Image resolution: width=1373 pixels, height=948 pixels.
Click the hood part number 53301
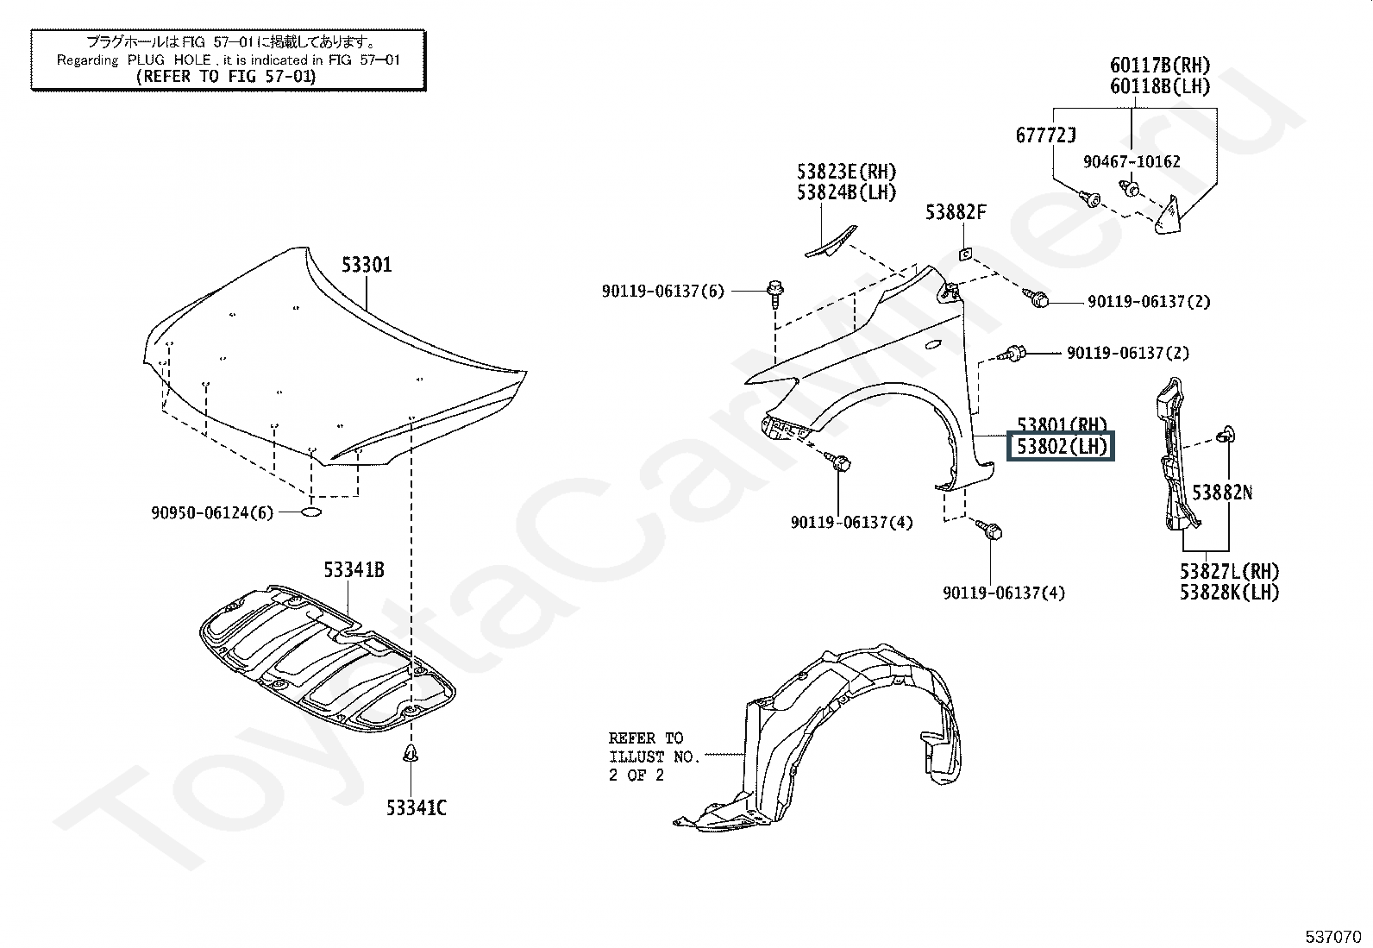coord(366,265)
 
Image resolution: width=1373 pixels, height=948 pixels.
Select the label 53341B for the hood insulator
coord(354,570)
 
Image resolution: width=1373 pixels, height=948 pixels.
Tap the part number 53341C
coord(417,807)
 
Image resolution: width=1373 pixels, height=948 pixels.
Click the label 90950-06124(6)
coord(212,512)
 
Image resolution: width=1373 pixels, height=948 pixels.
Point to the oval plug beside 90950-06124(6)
coord(311,512)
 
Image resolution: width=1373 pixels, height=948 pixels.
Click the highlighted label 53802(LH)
coord(1062,447)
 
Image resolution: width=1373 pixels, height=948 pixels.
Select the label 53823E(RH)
coord(846,171)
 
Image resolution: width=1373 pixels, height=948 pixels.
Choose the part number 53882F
coord(956,212)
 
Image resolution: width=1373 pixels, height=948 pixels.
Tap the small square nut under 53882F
coord(965,254)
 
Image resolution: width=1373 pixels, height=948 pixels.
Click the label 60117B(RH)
coord(1160,65)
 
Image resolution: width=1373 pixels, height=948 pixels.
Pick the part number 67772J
coord(1045,135)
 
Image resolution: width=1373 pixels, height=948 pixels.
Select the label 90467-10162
coord(1132,162)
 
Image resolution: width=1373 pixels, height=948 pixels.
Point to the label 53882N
coord(1222,493)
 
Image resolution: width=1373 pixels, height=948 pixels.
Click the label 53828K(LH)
coord(1230,593)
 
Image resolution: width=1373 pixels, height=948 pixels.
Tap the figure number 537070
coord(1333,937)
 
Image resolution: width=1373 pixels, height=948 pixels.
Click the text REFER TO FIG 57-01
coord(226,77)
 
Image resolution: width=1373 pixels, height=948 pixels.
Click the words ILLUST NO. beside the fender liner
coord(654,757)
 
